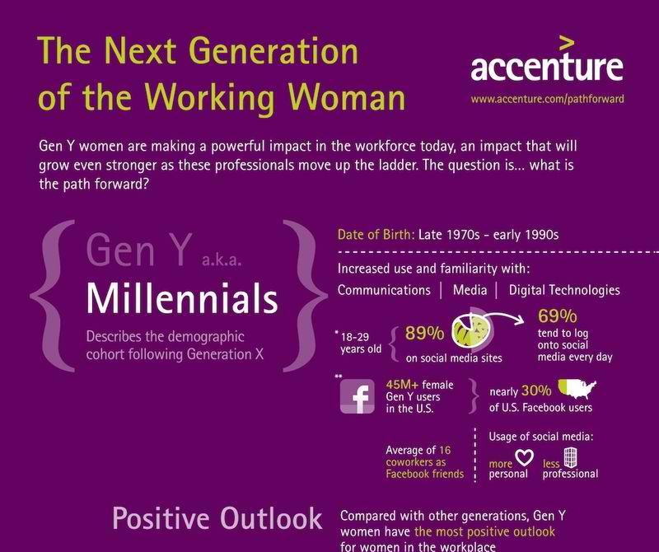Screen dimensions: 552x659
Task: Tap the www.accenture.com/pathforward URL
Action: pyautogui.click(x=547, y=99)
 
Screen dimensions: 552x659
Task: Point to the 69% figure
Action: pyautogui.click(x=558, y=316)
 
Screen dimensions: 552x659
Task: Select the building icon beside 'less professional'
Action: pyautogui.click(x=570, y=456)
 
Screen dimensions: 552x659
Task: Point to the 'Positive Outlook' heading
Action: pyautogui.click(x=217, y=518)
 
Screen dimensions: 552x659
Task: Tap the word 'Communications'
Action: pyautogui.click(x=384, y=290)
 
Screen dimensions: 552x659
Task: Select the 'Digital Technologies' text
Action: pyautogui.click(x=564, y=290)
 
